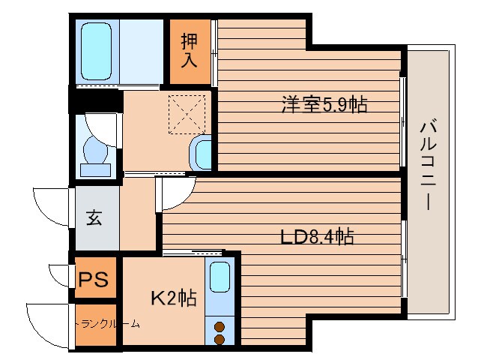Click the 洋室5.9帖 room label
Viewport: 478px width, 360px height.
click(324, 105)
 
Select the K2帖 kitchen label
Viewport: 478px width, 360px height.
click(174, 298)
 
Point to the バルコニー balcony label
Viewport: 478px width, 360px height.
click(429, 163)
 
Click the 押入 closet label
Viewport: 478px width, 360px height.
click(190, 50)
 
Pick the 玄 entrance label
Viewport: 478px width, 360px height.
click(94, 218)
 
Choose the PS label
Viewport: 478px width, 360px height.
click(94, 280)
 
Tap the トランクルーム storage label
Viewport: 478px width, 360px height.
click(108, 325)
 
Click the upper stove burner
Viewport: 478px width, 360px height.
click(220, 326)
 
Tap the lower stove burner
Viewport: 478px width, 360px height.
click(220, 340)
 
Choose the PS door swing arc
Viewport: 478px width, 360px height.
click(60, 274)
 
